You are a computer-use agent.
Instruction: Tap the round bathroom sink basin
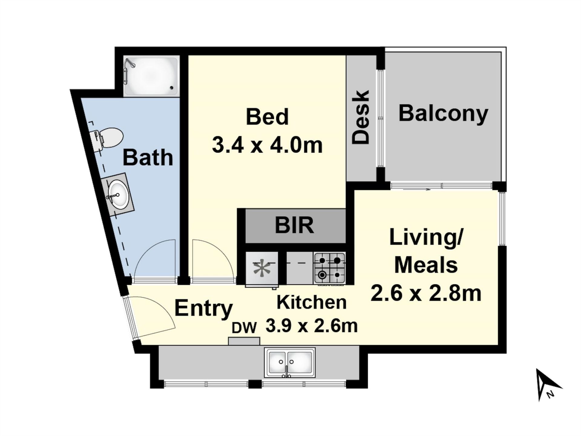119,194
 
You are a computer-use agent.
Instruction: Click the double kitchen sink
290,362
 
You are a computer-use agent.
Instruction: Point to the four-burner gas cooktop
330,268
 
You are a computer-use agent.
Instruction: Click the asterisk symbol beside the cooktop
262,268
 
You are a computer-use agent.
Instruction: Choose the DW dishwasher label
244,328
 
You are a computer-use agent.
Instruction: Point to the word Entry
204,308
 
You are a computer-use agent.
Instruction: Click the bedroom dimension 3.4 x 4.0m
267,145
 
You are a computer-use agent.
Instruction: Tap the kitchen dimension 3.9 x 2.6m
312,326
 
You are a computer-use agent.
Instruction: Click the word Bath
148,157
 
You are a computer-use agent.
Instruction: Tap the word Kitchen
312,302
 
